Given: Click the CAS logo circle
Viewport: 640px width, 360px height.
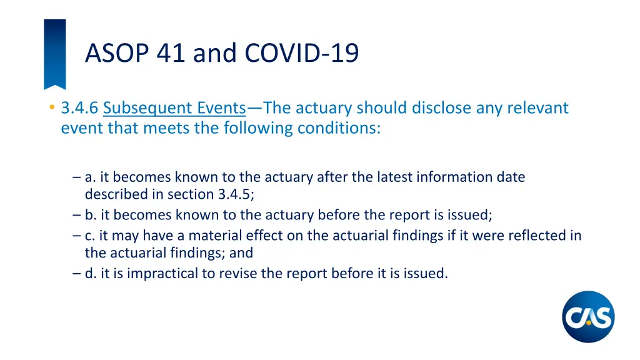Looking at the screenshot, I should pyautogui.click(x=588, y=317).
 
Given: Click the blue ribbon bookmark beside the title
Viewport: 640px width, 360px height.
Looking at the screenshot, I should pyautogui.click(x=54, y=54).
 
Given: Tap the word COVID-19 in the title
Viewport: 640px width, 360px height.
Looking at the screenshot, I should pyautogui.click(x=302, y=53).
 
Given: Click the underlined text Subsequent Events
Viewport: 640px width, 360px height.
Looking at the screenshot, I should pyautogui.click(x=174, y=108).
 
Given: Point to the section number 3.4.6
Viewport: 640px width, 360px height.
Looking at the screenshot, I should pyautogui.click(x=79, y=108).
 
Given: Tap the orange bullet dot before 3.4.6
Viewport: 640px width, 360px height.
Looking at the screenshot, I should pyautogui.click(x=51, y=107).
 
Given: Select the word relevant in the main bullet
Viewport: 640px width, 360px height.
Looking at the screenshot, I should pyautogui.click(x=537, y=108).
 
